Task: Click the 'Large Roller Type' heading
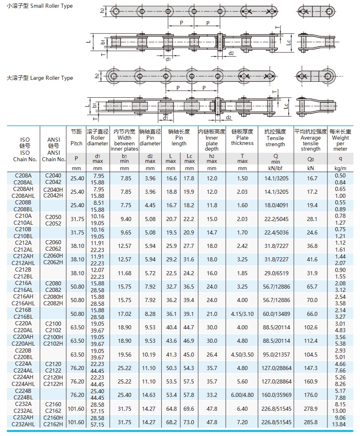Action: [40, 78]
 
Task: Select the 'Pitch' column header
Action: [76, 138]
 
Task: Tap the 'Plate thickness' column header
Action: [242, 138]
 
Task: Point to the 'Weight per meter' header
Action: [340, 140]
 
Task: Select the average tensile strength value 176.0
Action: [312, 394]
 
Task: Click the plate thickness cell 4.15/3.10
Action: [242, 314]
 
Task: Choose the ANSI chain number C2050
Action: [53, 216]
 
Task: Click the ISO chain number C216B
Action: [26, 310]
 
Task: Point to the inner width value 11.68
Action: [124, 273]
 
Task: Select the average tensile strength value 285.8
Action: [312, 422]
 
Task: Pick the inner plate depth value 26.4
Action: [212, 355]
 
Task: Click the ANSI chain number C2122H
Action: [53, 384]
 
